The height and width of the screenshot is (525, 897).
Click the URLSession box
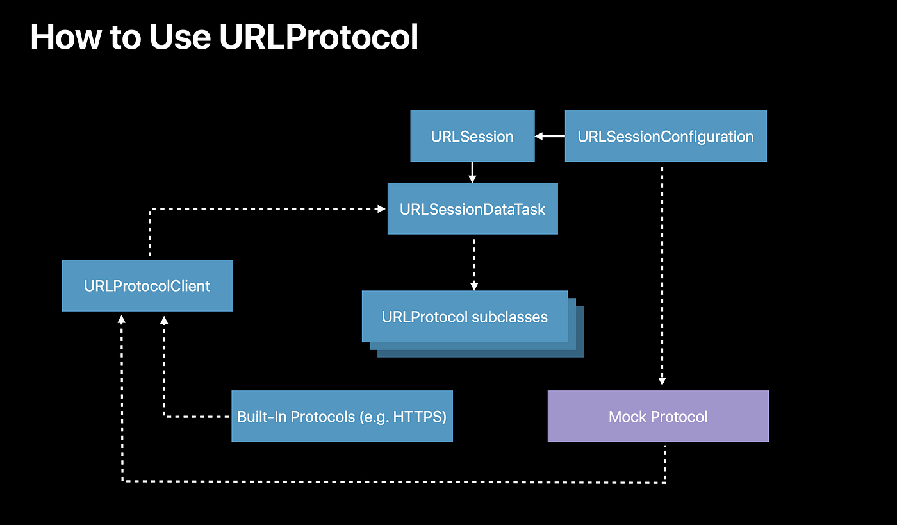473,137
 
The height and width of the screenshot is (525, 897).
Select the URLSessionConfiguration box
666,137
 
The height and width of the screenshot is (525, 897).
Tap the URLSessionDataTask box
473,208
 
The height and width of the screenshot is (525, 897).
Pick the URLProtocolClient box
147,285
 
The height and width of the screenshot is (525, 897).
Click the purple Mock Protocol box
659,417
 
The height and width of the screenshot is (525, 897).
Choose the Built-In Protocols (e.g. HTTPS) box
342,417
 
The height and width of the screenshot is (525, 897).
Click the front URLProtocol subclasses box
465,317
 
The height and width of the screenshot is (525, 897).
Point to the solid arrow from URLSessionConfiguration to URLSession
550,137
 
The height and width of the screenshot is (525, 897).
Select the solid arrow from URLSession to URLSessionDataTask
473,172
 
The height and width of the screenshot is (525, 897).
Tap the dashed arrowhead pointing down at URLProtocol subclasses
474,286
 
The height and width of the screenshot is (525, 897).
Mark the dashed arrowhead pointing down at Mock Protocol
662,381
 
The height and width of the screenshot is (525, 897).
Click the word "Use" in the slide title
180,37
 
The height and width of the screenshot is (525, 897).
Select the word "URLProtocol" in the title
319,37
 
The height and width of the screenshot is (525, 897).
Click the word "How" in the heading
66,37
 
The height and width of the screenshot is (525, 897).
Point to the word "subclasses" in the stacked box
510,317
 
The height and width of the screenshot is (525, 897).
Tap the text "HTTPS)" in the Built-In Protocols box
420,417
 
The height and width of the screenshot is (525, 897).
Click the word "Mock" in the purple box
627,417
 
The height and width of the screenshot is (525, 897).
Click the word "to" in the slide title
126,38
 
